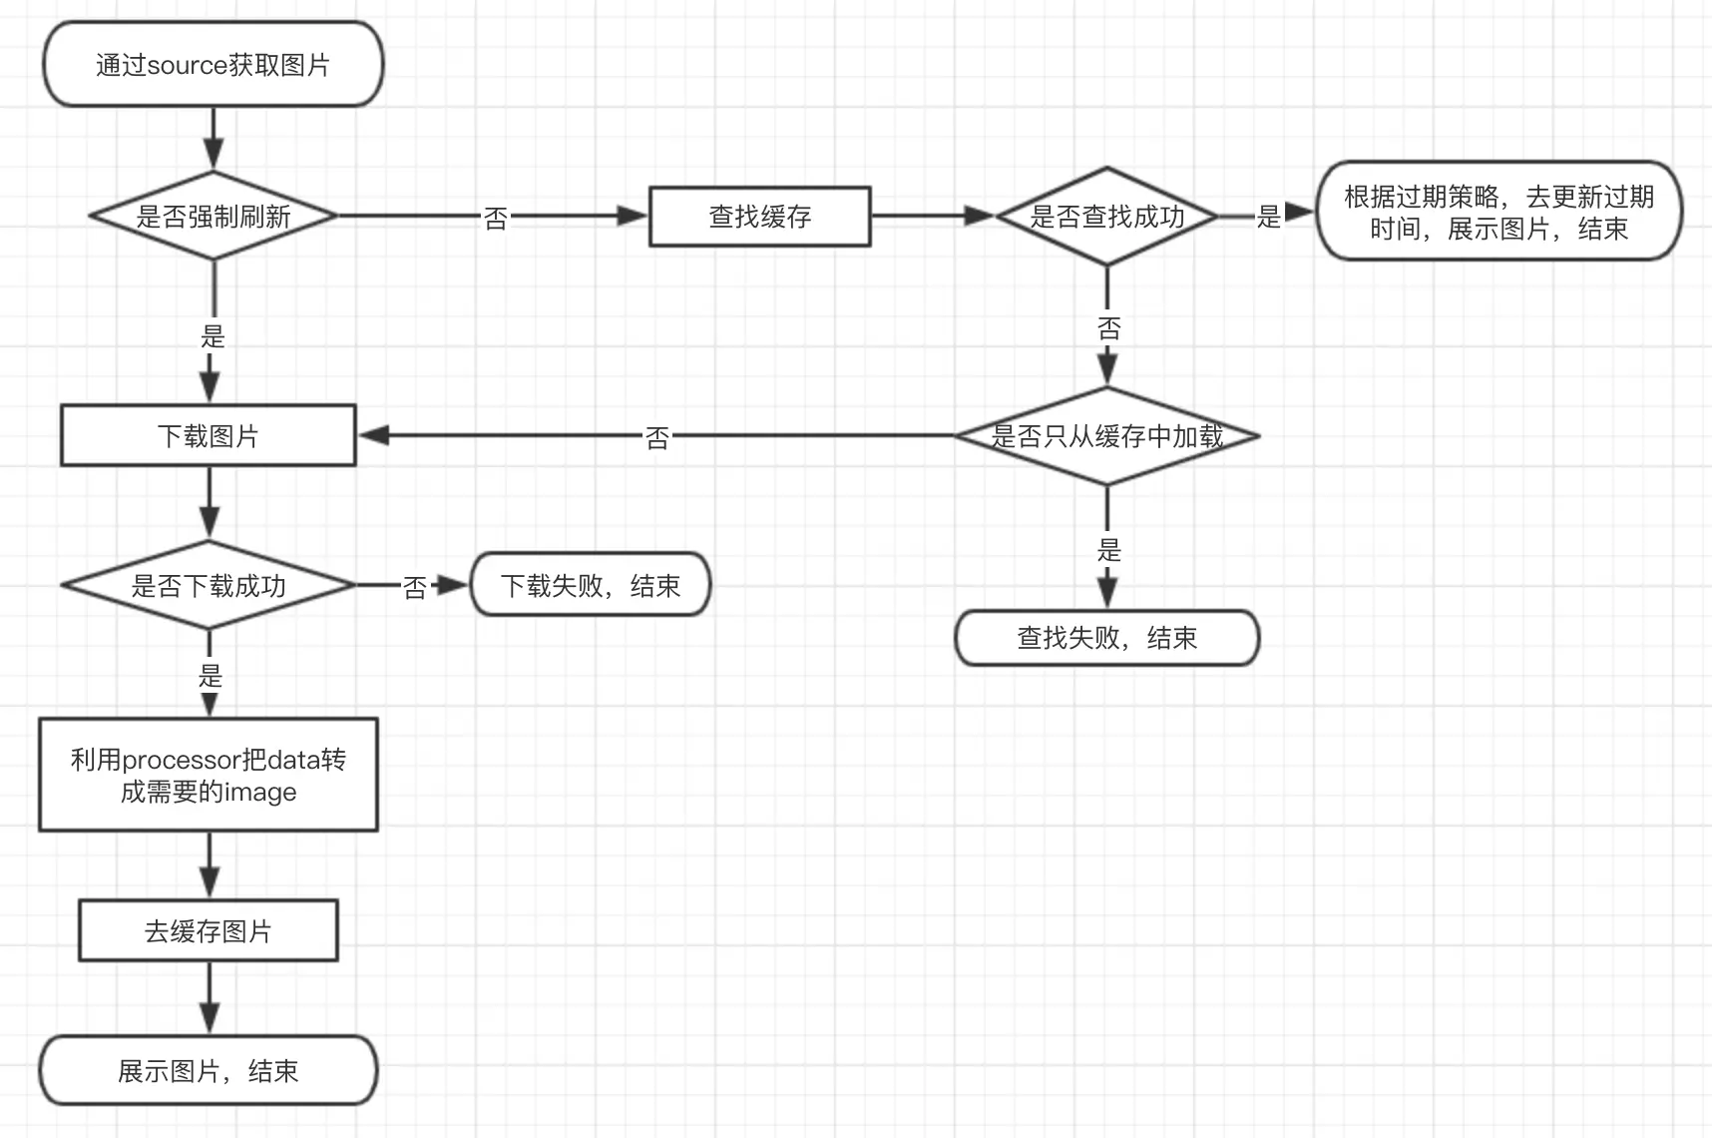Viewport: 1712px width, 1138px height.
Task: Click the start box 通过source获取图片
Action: (213, 65)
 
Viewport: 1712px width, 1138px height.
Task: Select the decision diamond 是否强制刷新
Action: (213, 216)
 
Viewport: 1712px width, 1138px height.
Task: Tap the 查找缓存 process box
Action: (760, 216)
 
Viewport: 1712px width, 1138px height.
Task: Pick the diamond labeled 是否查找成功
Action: (1106, 216)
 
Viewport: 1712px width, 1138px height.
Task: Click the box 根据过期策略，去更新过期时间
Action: (1498, 212)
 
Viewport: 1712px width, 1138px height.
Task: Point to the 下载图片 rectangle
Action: (209, 435)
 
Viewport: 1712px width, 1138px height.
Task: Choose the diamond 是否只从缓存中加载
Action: (1106, 436)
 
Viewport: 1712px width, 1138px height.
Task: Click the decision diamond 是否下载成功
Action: (209, 585)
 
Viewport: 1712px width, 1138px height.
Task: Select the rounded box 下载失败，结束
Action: (591, 585)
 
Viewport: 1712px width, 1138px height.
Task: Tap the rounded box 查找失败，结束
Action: (1107, 638)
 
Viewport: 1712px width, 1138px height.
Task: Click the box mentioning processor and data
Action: (209, 775)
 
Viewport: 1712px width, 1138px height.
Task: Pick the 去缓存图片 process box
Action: (209, 930)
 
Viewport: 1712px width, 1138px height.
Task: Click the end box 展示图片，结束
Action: (209, 1070)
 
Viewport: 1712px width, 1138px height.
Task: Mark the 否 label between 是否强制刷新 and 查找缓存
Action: (496, 218)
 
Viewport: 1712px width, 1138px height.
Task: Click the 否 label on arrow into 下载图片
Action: (657, 437)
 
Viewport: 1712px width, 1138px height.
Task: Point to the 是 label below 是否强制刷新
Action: (213, 335)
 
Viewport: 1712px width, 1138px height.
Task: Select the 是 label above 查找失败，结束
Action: (1109, 549)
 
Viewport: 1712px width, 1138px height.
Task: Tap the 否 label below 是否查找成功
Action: (1109, 328)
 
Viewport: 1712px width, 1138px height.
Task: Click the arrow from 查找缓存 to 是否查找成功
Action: (933, 216)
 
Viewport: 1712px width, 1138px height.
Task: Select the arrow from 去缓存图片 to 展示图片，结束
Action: (210, 997)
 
